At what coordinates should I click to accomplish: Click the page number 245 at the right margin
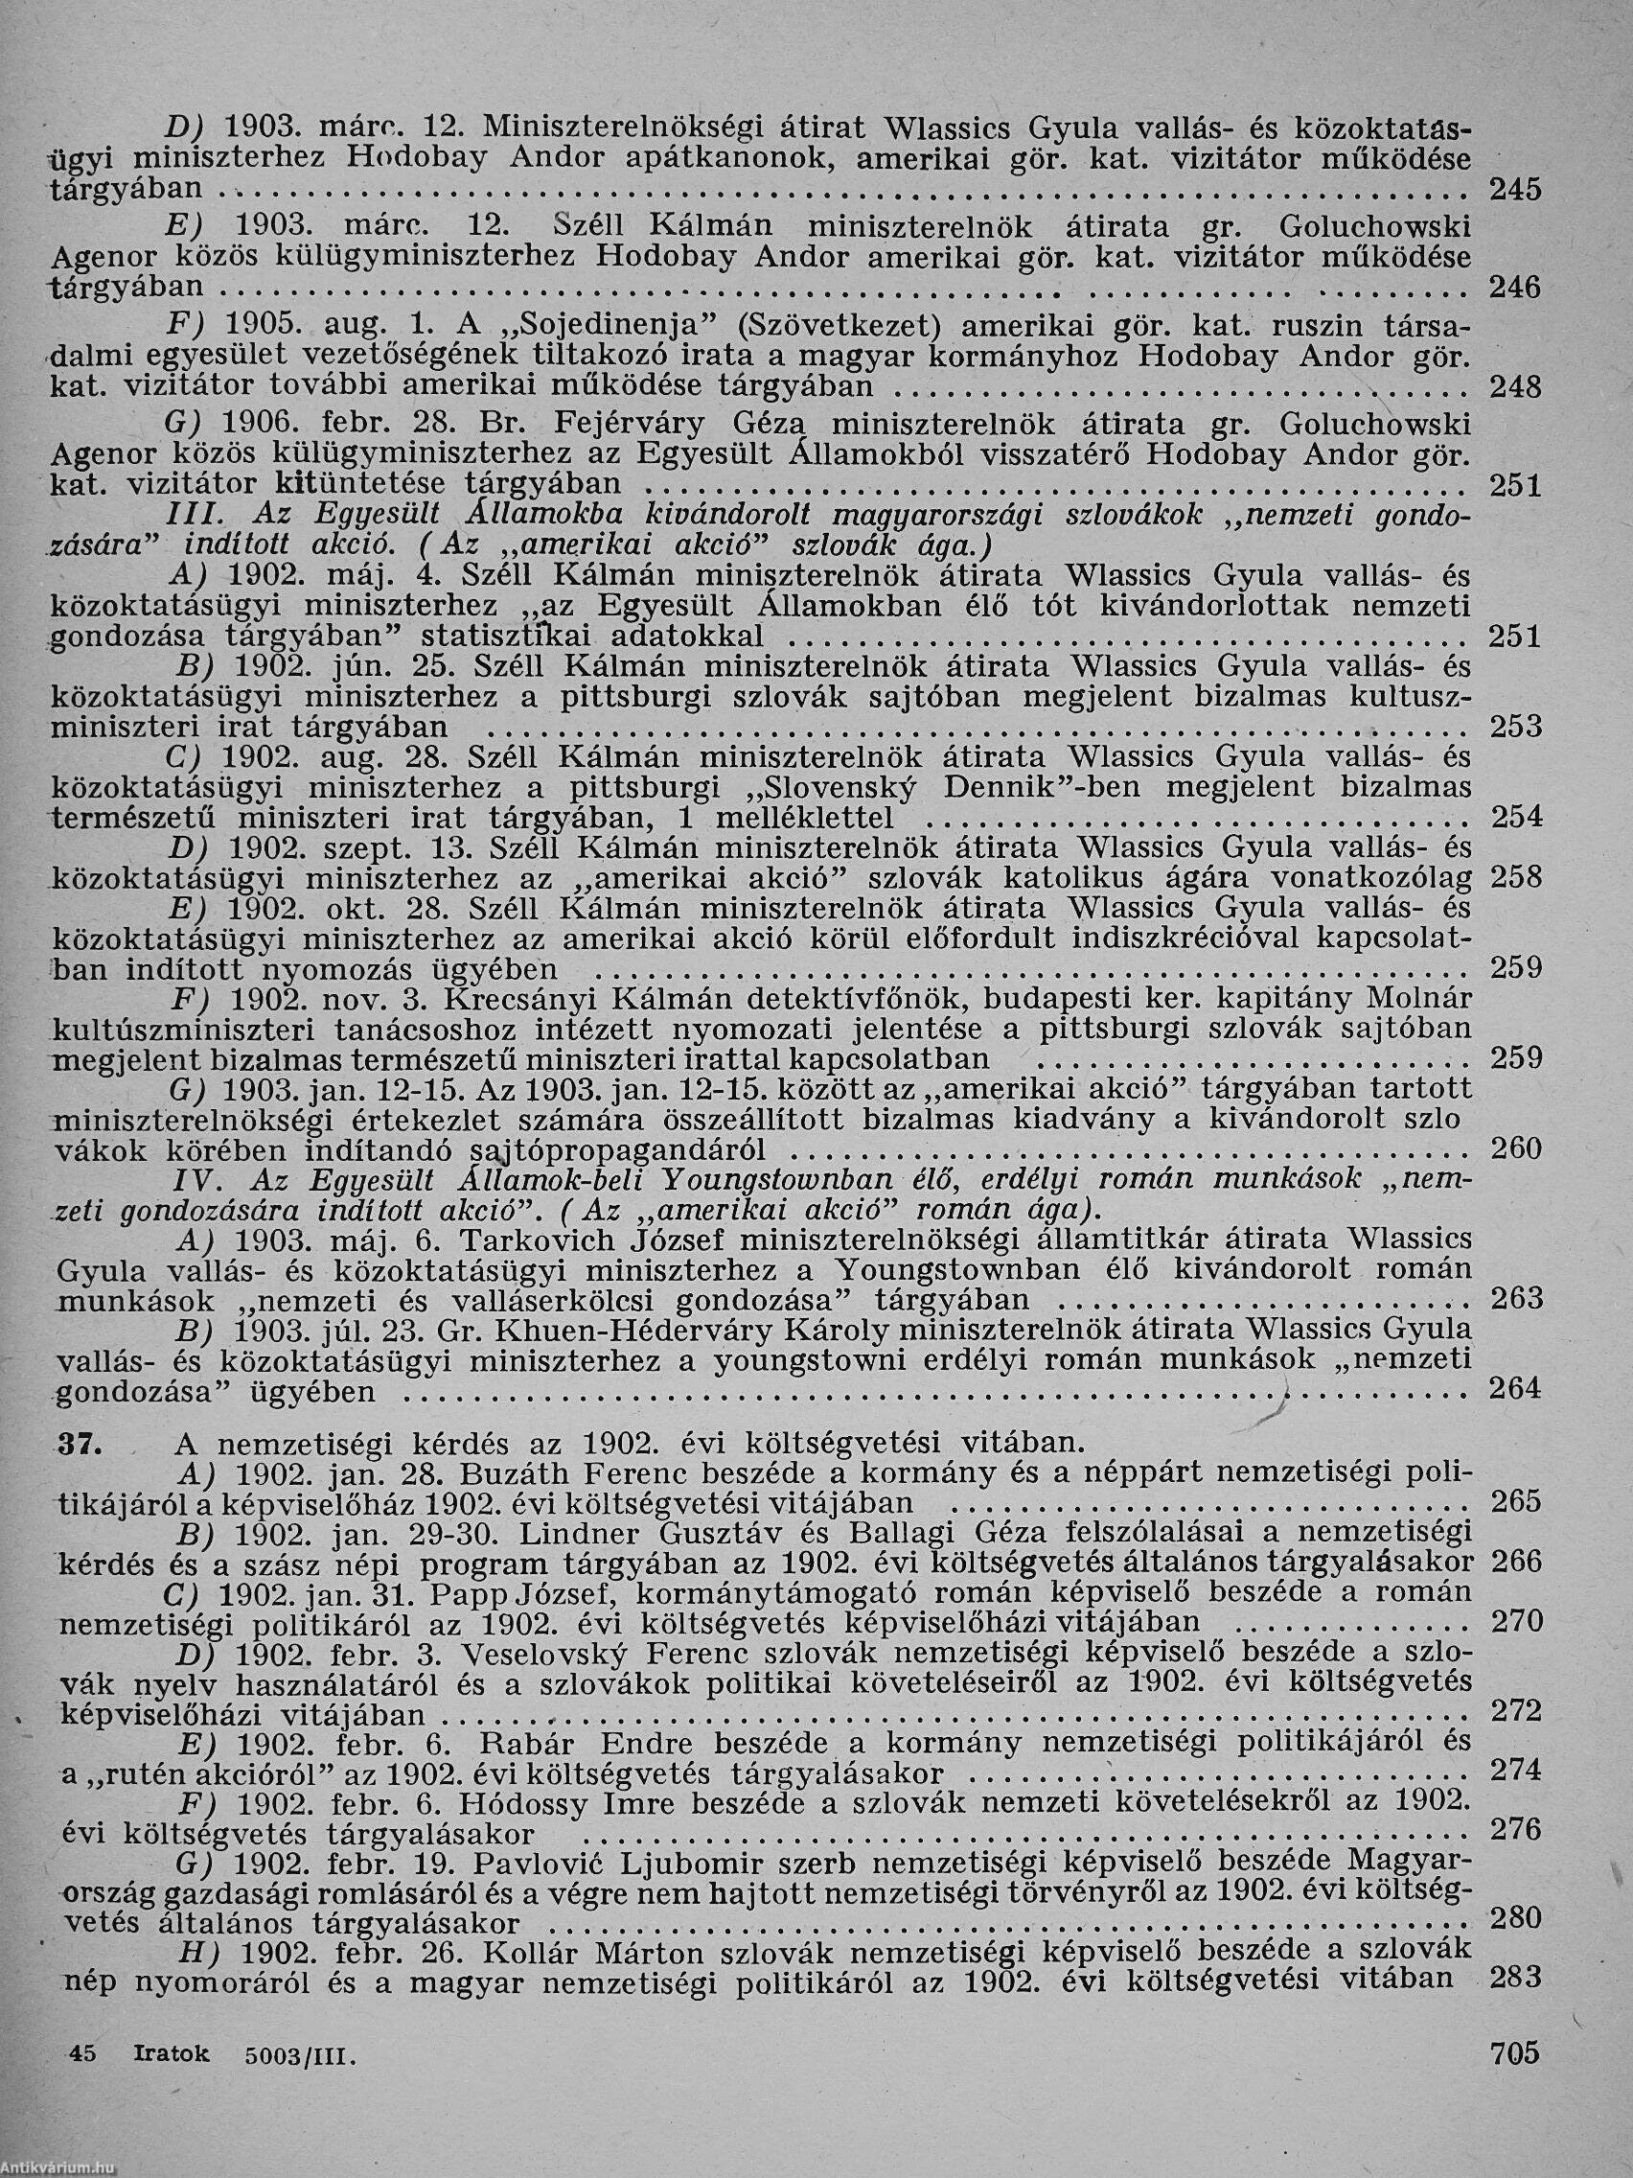1515,190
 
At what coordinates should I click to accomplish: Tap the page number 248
1515,388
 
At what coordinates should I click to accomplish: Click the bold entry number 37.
77,1446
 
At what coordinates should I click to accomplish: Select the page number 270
1515,1621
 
